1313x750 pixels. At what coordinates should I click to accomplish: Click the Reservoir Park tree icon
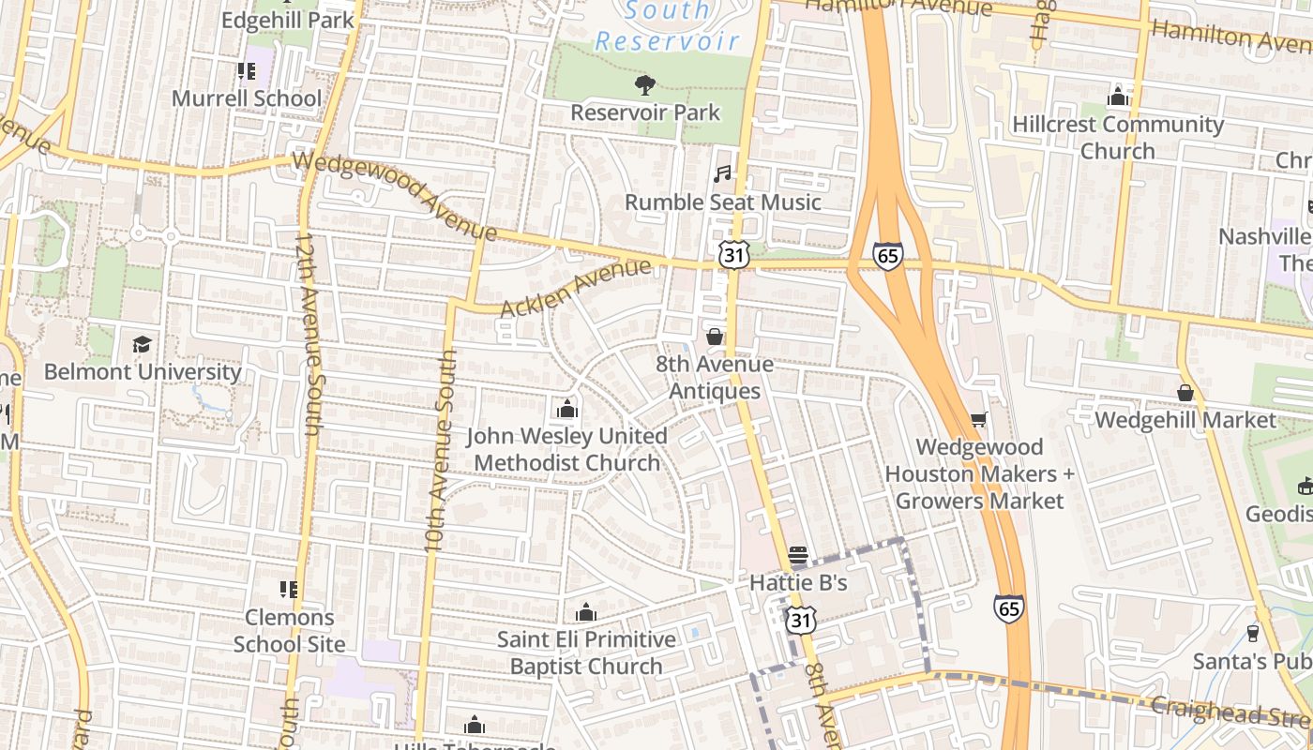644,86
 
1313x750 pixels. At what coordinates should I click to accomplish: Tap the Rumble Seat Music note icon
721,174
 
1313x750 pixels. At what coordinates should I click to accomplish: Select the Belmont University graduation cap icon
142,344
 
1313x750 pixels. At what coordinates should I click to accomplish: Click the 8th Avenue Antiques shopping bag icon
715,337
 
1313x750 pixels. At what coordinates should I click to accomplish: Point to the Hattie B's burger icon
798,556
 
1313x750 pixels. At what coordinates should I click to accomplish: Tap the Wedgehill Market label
1185,420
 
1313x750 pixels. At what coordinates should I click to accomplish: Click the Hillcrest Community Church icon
1117,97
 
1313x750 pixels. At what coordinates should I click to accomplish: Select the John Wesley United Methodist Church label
567,450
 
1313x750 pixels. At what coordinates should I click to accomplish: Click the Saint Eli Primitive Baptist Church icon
586,613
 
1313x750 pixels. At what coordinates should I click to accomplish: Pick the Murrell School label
247,98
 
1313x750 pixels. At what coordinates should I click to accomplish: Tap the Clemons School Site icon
289,590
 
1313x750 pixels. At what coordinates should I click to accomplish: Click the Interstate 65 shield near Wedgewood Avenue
887,256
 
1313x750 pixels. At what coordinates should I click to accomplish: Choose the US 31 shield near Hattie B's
800,619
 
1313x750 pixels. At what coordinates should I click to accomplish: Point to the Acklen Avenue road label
575,289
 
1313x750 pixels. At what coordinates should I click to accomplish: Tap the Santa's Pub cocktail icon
1252,634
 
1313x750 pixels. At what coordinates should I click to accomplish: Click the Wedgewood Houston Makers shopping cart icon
979,420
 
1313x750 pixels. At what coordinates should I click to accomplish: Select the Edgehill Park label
288,19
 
